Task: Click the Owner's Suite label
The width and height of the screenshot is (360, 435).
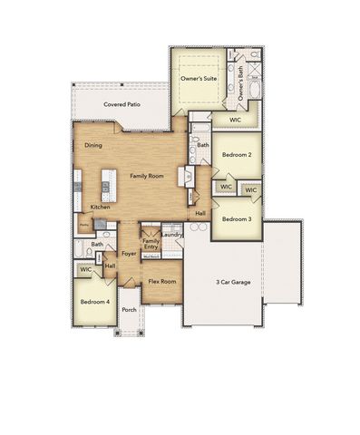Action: (x=198, y=80)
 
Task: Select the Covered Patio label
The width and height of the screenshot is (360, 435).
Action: (x=121, y=105)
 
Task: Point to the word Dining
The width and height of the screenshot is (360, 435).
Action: (x=93, y=145)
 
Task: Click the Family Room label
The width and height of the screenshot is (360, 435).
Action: (x=145, y=175)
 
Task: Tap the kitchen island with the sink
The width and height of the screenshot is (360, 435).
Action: (x=106, y=188)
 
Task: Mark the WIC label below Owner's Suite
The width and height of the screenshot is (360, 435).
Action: (x=235, y=120)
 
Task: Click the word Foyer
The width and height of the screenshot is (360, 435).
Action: (x=130, y=255)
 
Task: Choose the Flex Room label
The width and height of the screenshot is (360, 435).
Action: (x=161, y=282)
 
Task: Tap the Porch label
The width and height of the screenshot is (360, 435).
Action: (x=129, y=309)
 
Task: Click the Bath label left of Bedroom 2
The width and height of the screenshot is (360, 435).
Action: (x=203, y=145)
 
